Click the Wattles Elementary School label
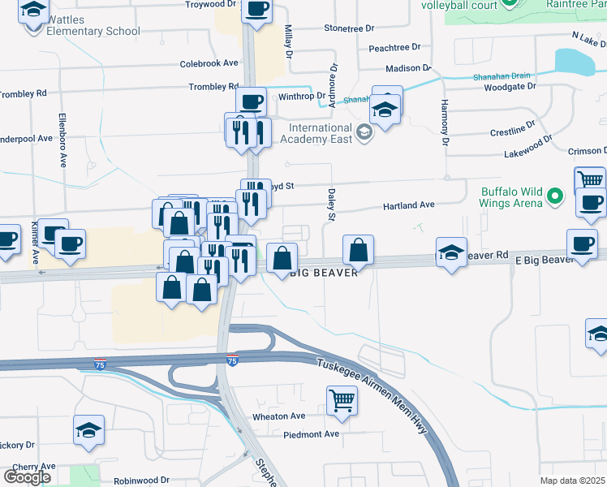pyautogui.click(x=93, y=25)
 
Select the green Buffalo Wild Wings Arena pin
pyautogui.click(x=555, y=196)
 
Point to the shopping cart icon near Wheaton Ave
pyautogui.click(x=342, y=399)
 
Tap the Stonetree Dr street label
pyautogui.click(x=349, y=28)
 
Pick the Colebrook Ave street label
pyautogui.click(x=209, y=63)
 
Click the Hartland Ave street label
pyautogui.click(x=409, y=206)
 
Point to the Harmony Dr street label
pyautogui.click(x=445, y=122)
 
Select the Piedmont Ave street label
pyautogui.click(x=311, y=434)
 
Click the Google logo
pyautogui.click(x=27, y=477)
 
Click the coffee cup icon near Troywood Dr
pyautogui.click(x=257, y=10)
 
